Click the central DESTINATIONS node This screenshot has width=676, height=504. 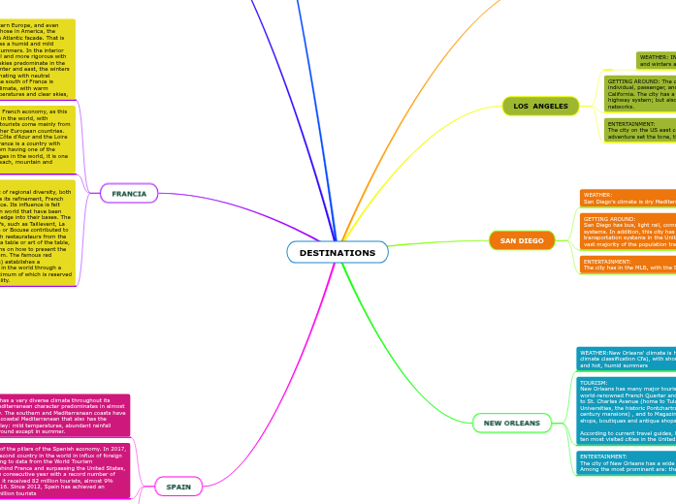pos(337,252)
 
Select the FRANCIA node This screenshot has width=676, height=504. pos(128,193)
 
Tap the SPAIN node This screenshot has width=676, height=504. pos(178,487)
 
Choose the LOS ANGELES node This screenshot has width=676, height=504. pos(540,106)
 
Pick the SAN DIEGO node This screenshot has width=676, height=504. pos(522,240)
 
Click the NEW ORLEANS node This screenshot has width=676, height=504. pos(511,423)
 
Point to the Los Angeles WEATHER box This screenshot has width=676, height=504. pos(656,60)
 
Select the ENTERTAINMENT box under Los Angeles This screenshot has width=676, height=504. pos(639,130)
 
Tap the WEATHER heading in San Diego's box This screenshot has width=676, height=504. pos(597,194)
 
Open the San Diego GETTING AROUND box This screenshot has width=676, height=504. pos(628,232)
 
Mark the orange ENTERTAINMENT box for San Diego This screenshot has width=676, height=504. pos(628,265)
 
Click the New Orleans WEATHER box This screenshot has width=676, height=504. pos(626,359)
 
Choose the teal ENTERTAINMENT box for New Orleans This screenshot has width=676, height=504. pos(626,463)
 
